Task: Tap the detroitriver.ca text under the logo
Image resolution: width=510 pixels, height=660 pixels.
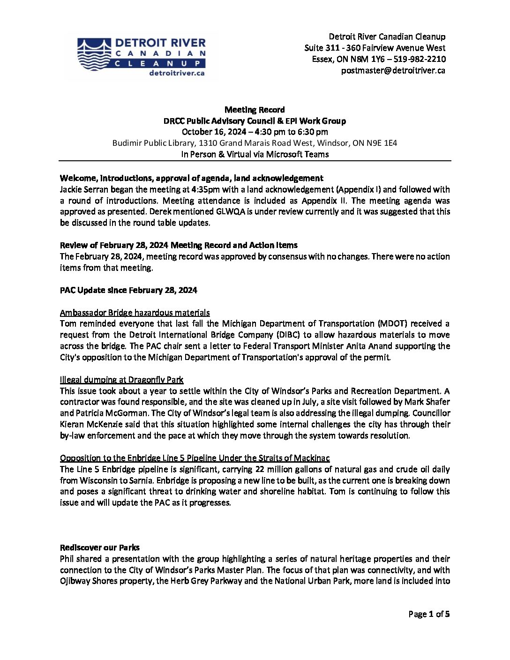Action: coord(176,73)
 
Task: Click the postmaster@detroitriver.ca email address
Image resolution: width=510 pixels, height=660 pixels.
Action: coord(393,71)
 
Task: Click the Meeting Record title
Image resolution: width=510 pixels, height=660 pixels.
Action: coord(255,110)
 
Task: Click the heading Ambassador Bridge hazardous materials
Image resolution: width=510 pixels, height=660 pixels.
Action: coord(135,313)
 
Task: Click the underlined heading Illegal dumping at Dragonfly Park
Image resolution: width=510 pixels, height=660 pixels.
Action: coord(121,380)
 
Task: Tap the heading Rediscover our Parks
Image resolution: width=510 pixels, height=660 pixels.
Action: coord(99,547)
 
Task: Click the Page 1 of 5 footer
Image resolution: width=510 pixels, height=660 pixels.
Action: coord(428,614)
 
